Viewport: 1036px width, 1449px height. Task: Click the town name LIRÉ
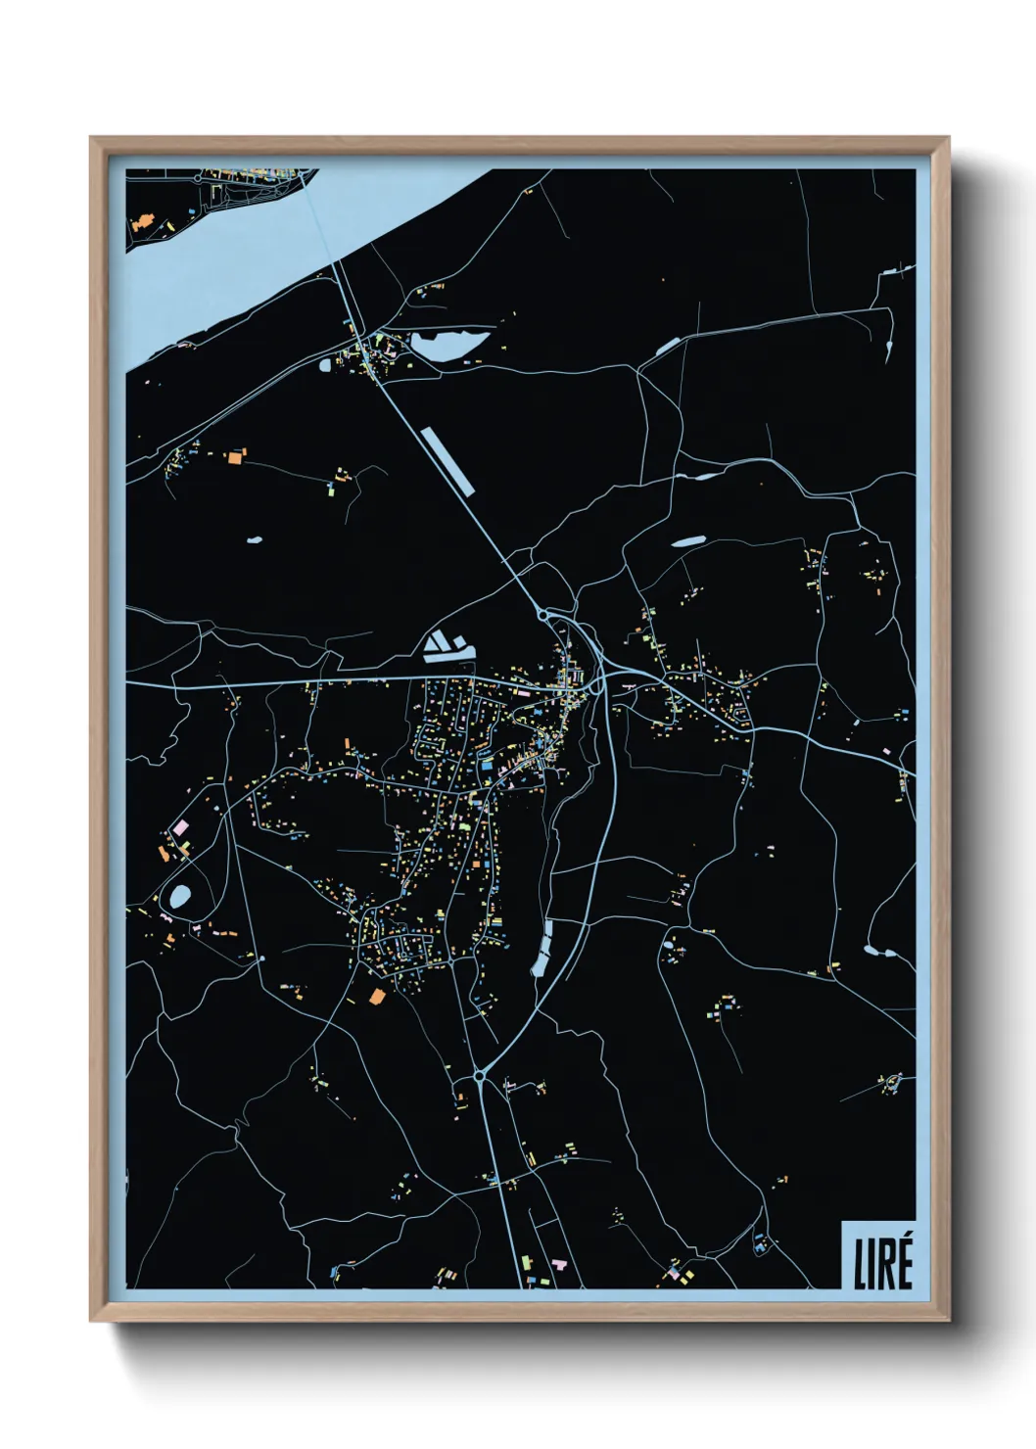[x=883, y=1262]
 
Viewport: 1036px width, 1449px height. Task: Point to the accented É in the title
[x=903, y=1260]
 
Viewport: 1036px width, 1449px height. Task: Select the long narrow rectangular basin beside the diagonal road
[x=446, y=460]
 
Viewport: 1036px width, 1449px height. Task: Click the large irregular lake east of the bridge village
[x=447, y=344]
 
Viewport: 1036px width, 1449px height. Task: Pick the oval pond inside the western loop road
[x=180, y=896]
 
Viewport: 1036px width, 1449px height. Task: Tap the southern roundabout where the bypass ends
[x=479, y=1076]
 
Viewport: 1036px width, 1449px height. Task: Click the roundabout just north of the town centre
[x=542, y=615]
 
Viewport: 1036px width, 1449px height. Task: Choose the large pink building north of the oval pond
[x=181, y=828]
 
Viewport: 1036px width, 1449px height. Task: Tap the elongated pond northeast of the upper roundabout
[x=687, y=540]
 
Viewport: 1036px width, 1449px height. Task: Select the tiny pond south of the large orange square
[x=255, y=539]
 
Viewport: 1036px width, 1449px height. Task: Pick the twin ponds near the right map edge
[x=876, y=950]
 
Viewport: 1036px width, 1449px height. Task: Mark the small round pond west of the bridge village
[x=325, y=365]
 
